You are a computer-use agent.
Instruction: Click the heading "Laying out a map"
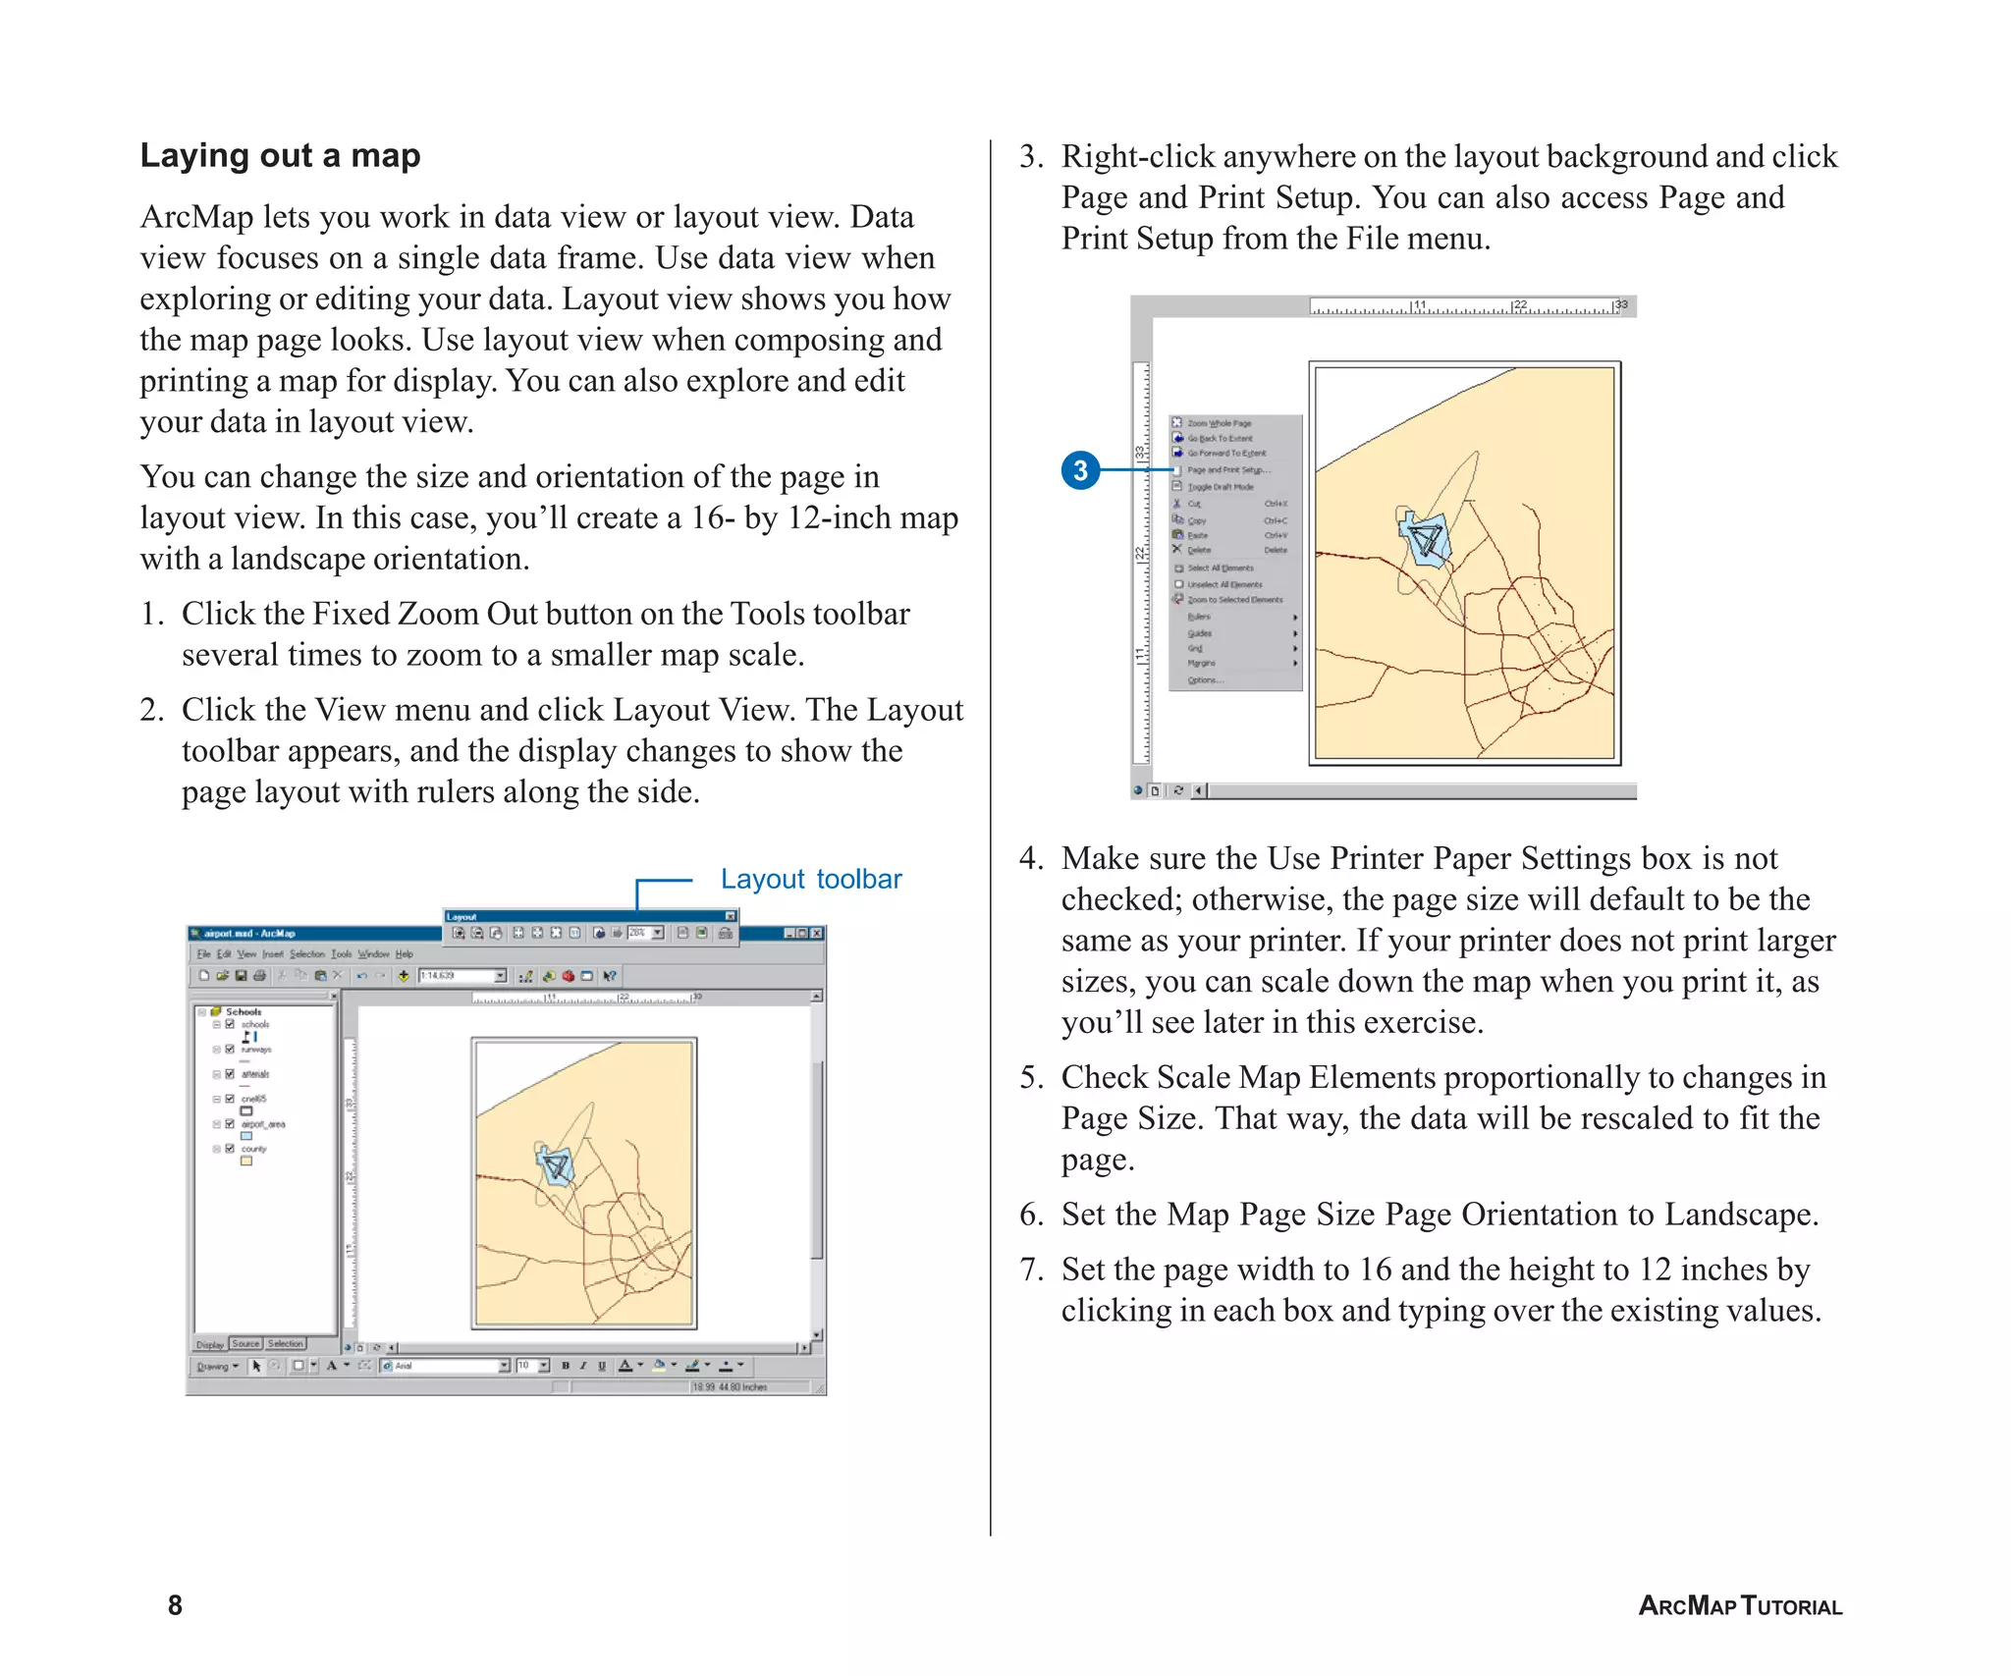[280, 155]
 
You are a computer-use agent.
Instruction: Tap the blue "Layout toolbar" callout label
[810, 879]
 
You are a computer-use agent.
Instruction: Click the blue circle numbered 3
[1080, 470]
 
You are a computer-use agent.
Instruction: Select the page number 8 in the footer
[175, 1605]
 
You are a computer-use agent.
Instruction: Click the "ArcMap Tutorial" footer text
[1740, 1606]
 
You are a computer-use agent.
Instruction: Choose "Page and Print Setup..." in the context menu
[1227, 470]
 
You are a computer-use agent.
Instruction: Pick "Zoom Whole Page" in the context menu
[1219, 423]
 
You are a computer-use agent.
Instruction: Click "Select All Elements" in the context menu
[1220, 568]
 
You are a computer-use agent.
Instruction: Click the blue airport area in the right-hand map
[1425, 541]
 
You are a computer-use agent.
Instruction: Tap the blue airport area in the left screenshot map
[556, 1166]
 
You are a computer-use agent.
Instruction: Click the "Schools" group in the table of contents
[243, 1011]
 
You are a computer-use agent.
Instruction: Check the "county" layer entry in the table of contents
[230, 1148]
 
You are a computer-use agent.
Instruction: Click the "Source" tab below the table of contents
[245, 1343]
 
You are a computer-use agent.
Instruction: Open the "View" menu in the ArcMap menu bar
[246, 953]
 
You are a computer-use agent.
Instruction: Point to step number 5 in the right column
[1030, 1077]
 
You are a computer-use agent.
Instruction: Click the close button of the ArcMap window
[817, 933]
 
